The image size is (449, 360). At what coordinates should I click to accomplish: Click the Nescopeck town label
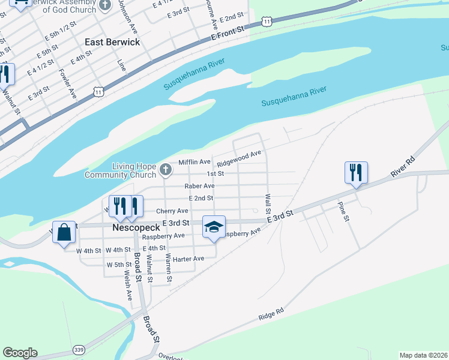(x=135, y=228)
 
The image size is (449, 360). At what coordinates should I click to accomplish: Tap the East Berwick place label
(x=112, y=42)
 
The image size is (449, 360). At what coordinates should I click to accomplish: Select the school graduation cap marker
(x=214, y=227)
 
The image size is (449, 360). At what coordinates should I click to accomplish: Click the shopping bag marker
(x=64, y=232)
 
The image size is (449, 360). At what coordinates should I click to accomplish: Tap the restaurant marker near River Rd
(x=356, y=173)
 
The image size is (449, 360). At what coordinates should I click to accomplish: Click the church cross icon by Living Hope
(x=166, y=171)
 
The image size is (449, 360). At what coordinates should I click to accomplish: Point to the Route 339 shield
(x=78, y=349)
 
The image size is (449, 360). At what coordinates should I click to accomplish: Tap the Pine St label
(x=343, y=212)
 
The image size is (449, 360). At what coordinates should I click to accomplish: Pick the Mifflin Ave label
(x=194, y=162)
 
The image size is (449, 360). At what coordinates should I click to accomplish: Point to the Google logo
(x=20, y=353)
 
